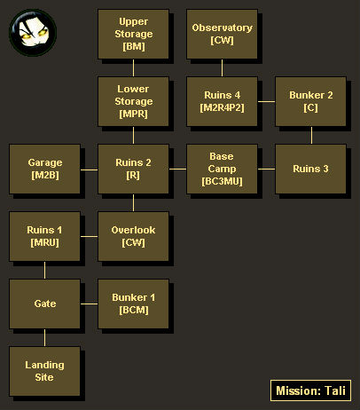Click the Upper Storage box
coord(133,34)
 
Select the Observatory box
coord(222,34)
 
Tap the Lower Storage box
coord(133,101)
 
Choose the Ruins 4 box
coord(222,101)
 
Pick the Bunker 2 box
coord(310,101)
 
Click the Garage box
coord(44,169)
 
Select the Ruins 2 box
coord(133,169)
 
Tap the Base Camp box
coord(222,169)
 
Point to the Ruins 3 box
coord(310,169)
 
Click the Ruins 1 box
coord(44,236)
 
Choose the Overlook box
coord(133,236)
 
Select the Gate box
coord(44,304)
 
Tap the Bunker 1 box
coord(133,304)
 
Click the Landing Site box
coord(44,371)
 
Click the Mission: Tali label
coord(310,390)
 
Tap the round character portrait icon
coord(33,33)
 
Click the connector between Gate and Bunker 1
coord(89,304)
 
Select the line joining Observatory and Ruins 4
coord(222,67)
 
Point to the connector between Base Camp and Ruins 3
coord(266,169)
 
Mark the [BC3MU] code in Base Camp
coord(222,181)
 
